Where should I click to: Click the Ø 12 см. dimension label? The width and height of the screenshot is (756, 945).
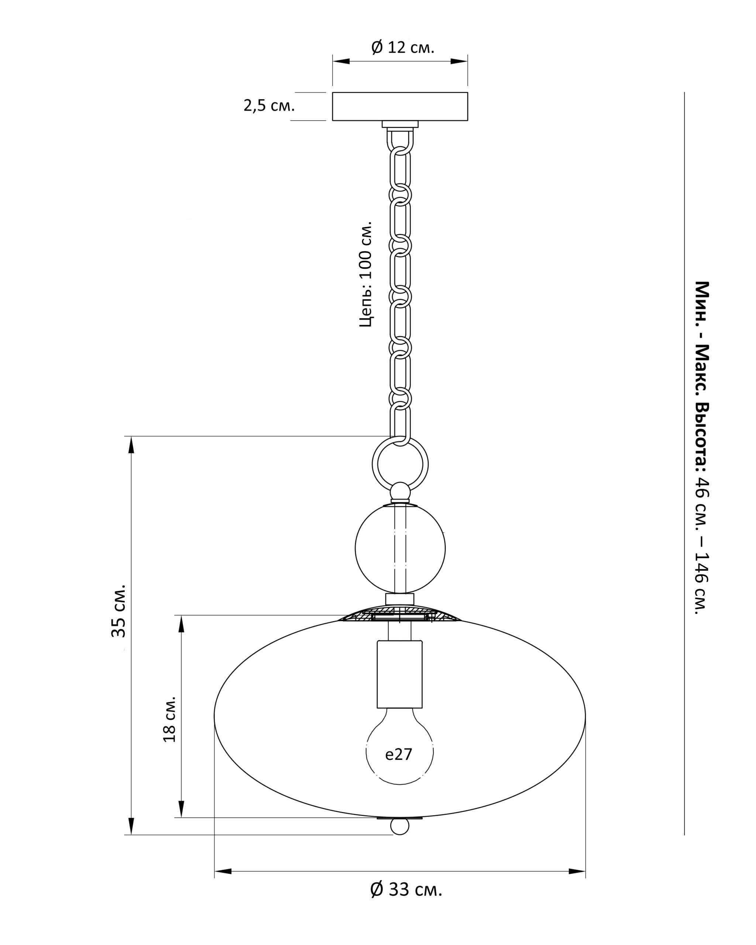click(x=402, y=47)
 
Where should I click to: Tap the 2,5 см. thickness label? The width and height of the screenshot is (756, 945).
click(x=269, y=106)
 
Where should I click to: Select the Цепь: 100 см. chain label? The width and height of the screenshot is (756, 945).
click(x=365, y=274)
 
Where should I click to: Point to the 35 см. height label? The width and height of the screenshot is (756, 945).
click(x=118, y=611)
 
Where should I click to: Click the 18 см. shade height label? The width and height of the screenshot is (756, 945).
click(x=169, y=719)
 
